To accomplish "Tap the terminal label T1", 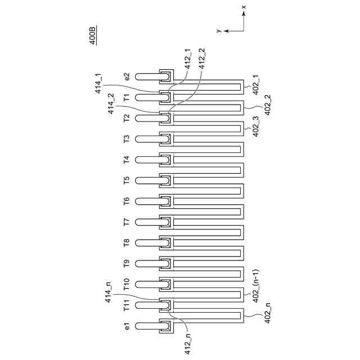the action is pyautogui.click(x=127, y=97).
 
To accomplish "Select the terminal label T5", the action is pyautogui.click(x=127, y=180).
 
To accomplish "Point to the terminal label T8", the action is pyautogui.click(x=127, y=242).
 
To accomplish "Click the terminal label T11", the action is pyautogui.click(x=127, y=305).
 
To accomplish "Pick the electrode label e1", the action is pyautogui.click(x=127, y=326).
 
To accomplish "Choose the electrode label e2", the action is pyautogui.click(x=127, y=76).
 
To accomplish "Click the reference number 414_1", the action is pyautogui.click(x=98, y=83).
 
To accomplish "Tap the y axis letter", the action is pyautogui.click(x=217, y=29).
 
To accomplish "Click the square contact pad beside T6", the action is pyautogui.click(x=166, y=201).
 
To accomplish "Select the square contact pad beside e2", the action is pyautogui.click(x=166, y=76).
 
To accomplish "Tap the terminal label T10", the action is pyautogui.click(x=127, y=283).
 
